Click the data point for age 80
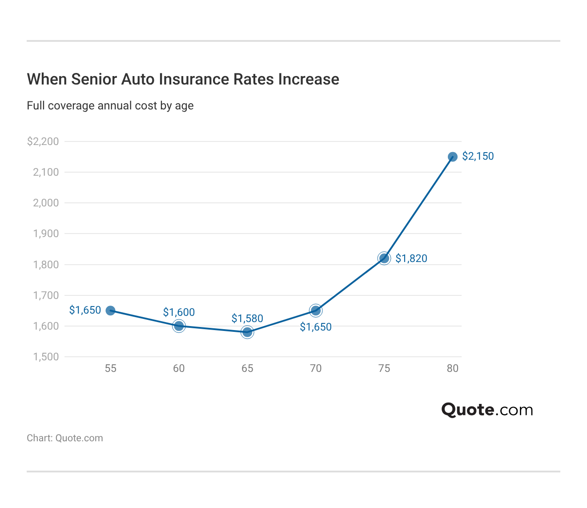tap(452, 157)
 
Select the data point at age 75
tap(384, 258)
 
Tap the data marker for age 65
tap(247, 332)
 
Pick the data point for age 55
tap(111, 310)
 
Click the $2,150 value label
tap(478, 156)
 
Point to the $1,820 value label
tap(411, 258)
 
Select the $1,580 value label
tap(247, 319)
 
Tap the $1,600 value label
tap(179, 312)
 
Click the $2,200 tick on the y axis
tap(43, 141)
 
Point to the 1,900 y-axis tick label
tap(46, 234)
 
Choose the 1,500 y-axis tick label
tap(46, 357)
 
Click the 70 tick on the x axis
tap(316, 368)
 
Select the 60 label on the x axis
tap(179, 368)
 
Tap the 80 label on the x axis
tap(452, 368)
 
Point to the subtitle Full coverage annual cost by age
tap(110, 105)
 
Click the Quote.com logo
tap(487, 409)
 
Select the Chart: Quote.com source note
tap(65, 438)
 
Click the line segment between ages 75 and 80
tap(418, 207)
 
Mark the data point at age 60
tap(179, 326)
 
